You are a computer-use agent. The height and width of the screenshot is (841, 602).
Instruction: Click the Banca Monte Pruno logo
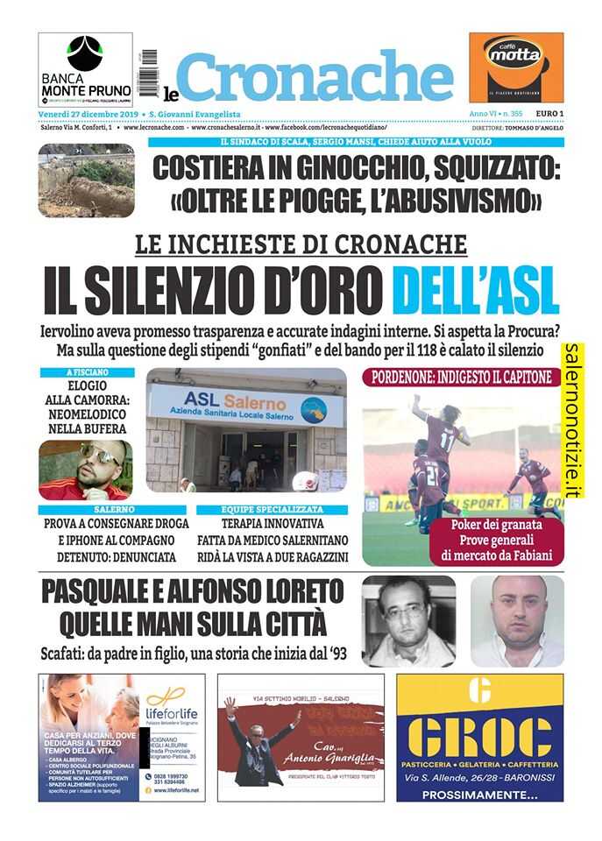(x=86, y=69)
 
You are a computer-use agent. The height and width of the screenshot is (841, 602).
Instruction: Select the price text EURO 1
(x=549, y=114)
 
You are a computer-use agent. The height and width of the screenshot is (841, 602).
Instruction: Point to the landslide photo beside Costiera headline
(x=86, y=180)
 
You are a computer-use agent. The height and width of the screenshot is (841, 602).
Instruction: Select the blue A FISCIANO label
(x=86, y=372)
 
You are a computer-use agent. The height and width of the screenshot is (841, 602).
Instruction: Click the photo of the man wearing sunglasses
(x=86, y=469)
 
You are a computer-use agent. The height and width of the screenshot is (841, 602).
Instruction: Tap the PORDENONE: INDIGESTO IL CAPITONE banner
(x=463, y=378)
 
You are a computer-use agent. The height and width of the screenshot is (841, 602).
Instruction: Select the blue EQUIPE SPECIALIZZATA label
(x=272, y=509)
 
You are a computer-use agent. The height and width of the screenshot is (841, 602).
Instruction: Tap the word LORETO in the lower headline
(x=283, y=593)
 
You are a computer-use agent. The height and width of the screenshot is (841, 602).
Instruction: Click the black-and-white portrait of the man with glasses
(x=408, y=620)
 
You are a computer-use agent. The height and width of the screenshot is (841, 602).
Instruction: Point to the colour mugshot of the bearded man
(x=517, y=620)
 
